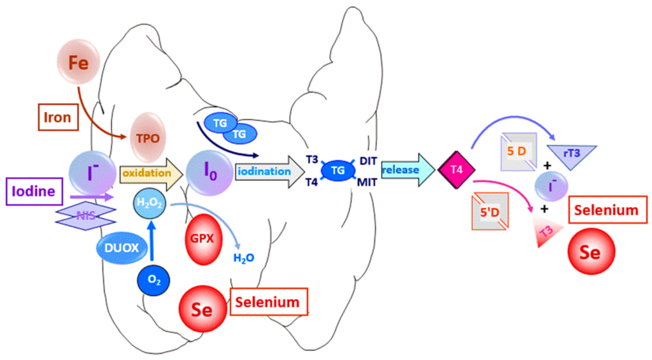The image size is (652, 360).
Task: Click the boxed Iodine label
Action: (x=36, y=191)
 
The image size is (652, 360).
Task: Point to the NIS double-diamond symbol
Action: (x=86, y=216)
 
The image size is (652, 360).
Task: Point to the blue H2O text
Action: (x=244, y=258)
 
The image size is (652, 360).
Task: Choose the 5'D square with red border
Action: (x=490, y=211)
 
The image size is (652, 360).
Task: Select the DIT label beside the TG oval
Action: (x=369, y=161)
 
